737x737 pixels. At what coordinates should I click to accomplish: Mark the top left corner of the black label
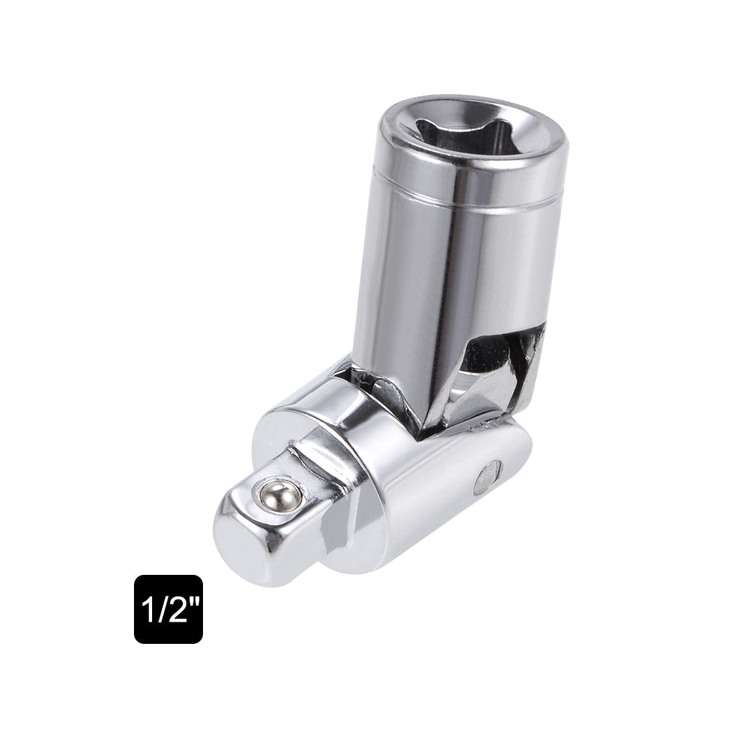point(136,577)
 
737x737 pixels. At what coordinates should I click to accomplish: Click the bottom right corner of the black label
point(200,642)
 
